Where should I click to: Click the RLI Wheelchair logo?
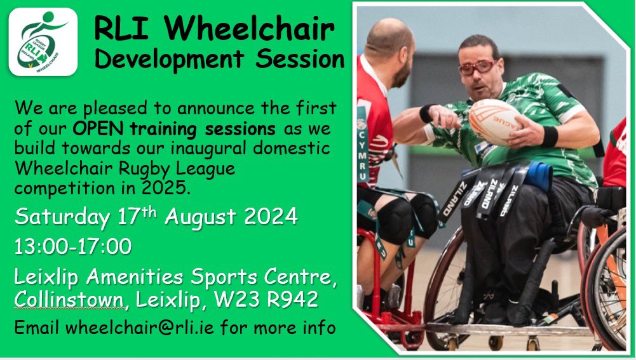[43, 42]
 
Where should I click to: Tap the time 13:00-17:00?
[73, 246]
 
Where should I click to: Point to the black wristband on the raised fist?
[426, 113]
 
